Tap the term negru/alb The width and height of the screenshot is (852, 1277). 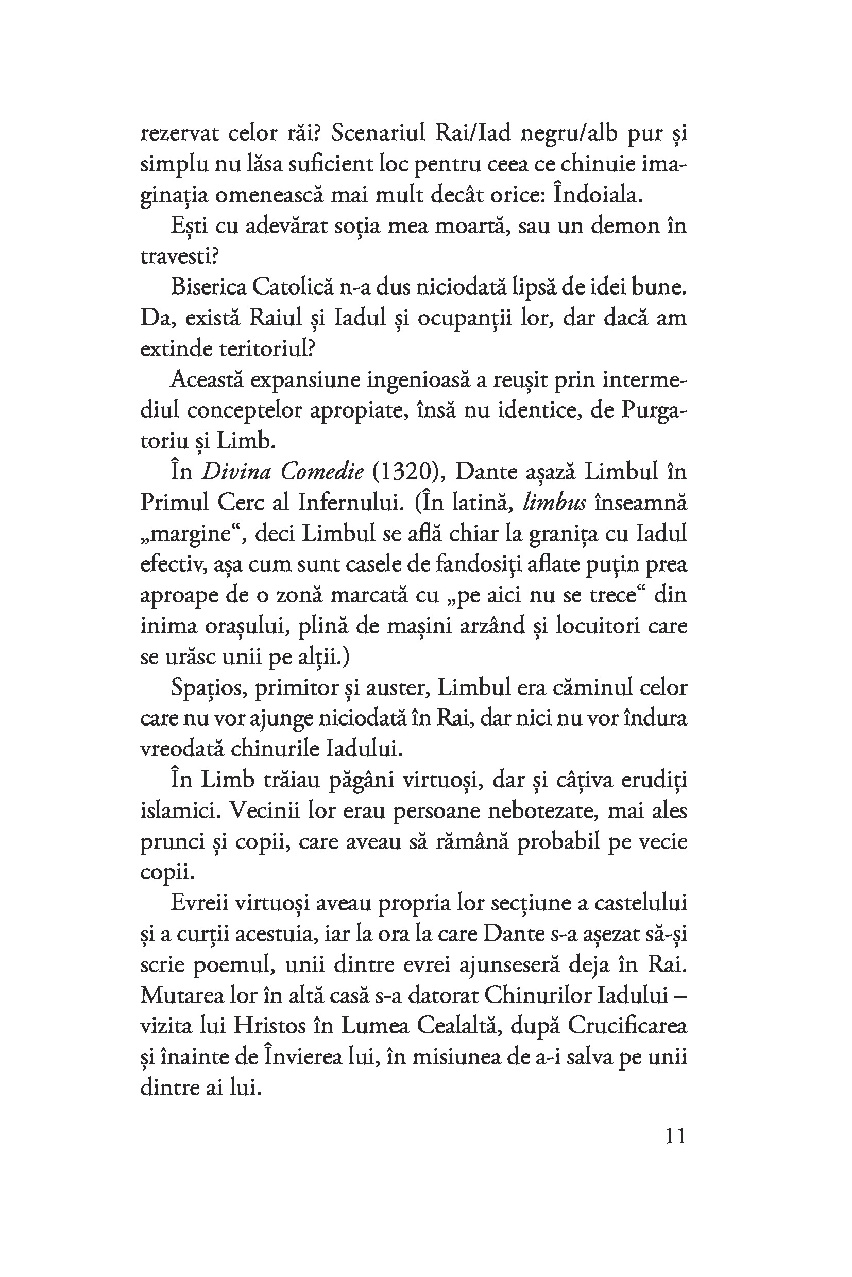coord(569,133)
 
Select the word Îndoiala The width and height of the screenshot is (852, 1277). coord(598,195)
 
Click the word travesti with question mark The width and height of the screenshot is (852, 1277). coord(179,256)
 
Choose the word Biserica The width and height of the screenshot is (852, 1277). coord(207,287)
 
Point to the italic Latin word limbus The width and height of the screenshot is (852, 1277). coord(554,503)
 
